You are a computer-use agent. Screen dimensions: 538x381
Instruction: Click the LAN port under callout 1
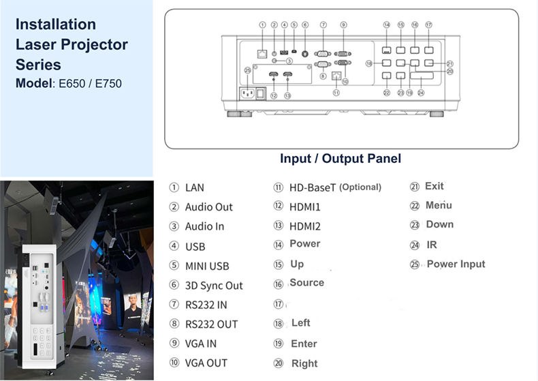coord(262,54)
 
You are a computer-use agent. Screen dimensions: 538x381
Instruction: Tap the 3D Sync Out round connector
coord(304,54)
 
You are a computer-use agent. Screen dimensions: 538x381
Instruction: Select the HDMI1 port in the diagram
coord(274,74)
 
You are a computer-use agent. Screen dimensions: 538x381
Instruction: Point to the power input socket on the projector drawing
coord(248,93)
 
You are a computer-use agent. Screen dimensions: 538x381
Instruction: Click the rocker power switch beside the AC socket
coord(261,93)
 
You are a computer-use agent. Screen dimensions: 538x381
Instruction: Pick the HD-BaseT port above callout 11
coord(336,75)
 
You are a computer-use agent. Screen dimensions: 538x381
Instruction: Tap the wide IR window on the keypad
coord(422,75)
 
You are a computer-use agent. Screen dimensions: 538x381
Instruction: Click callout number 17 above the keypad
coord(428,25)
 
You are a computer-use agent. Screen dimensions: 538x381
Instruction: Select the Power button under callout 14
coord(386,50)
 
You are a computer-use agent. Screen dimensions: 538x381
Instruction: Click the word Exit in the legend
coord(434,186)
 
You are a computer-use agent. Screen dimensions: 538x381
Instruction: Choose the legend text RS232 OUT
coord(211,324)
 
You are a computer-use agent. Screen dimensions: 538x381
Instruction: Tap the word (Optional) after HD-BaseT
coord(360,187)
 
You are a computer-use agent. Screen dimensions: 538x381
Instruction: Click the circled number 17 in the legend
coord(279,304)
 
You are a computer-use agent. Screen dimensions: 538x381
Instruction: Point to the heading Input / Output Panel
coord(341,158)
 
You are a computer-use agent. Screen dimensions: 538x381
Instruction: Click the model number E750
coord(108,83)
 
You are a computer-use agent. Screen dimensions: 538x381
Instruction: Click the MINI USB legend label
coord(207,266)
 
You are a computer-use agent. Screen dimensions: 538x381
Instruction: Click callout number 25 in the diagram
coord(248,70)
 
